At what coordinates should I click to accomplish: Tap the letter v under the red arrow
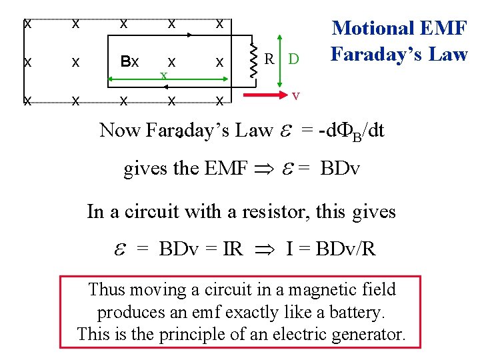click(296, 96)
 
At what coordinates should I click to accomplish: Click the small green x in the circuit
click(163, 74)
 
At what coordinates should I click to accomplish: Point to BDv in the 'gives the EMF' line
click(340, 168)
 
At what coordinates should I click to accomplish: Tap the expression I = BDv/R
click(331, 249)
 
